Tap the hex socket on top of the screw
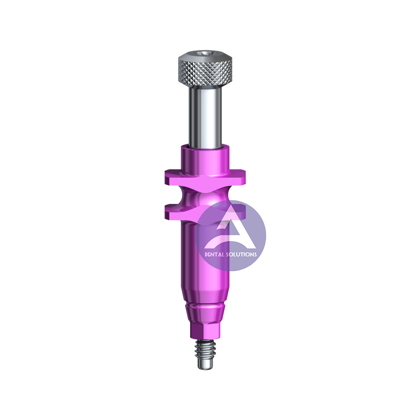(x=205, y=53)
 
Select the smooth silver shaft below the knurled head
(x=205, y=117)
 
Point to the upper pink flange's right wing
(x=237, y=177)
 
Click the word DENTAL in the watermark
(x=214, y=254)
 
